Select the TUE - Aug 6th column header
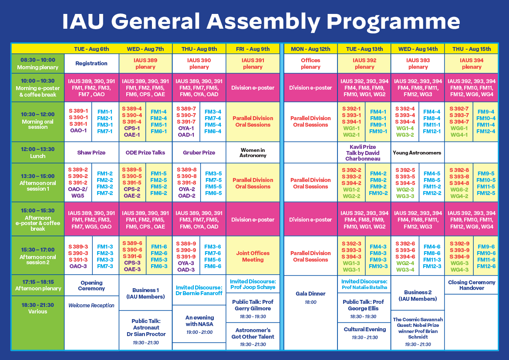[91, 49]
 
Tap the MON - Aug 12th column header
[310, 49]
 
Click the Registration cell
[91, 64]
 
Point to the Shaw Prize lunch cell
[91, 153]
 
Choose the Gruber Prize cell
[199, 153]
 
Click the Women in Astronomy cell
[253, 153]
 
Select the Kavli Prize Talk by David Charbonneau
[364, 153]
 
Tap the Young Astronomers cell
[417, 153]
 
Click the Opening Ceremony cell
[91, 286]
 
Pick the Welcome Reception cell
[91, 306]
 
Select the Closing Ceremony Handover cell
[472, 285]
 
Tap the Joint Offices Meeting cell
[253, 256]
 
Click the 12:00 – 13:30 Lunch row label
[37, 153]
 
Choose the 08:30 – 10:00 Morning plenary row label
[37, 64]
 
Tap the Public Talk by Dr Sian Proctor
[145, 331]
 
